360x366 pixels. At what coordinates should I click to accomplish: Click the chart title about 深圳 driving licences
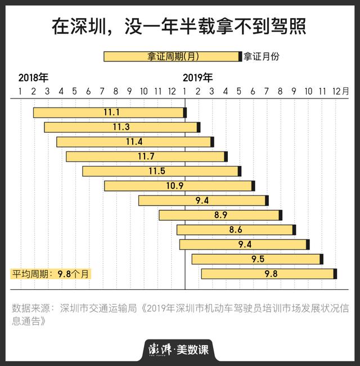pyautogui.click(x=179, y=26)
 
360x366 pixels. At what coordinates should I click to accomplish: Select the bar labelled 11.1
pyautogui.click(x=109, y=113)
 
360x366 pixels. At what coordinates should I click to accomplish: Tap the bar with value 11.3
pyautogui.click(x=121, y=127)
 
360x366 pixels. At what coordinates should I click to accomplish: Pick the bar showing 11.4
pyautogui.click(x=134, y=142)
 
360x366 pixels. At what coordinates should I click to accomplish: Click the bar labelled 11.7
pyautogui.click(x=146, y=157)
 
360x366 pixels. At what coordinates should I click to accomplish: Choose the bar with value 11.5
pyautogui.click(x=161, y=171)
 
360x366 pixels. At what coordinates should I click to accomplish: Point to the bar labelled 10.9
pyautogui.click(x=178, y=186)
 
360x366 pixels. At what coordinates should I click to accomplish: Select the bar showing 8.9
pyautogui.click(x=219, y=215)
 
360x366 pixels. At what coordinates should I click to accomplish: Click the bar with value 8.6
pyautogui.click(x=235, y=230)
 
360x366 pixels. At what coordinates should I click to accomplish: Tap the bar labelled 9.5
pyautogui.click(x=256, y=259)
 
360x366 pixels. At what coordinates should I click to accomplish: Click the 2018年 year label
pyautogui.click(x=33, y=77)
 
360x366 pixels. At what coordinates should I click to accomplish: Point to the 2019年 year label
pyautogui.click(x=198, y=77)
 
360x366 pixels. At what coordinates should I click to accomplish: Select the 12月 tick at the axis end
pyautogui.click(x=340, y=91)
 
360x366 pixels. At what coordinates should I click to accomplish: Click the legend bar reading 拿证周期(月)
pyautogui.click(x=172, y=56)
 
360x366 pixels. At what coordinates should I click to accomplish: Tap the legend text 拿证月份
pyautogui.click(x=262, y=56)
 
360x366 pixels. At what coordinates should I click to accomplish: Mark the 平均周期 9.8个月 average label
pyautogui.click(x=50, y=274)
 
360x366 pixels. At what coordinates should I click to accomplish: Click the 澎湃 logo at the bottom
pyautogui.click(x=159, y=349)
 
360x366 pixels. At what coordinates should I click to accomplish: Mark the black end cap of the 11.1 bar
pyautogui.click(x=185, y=113)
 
